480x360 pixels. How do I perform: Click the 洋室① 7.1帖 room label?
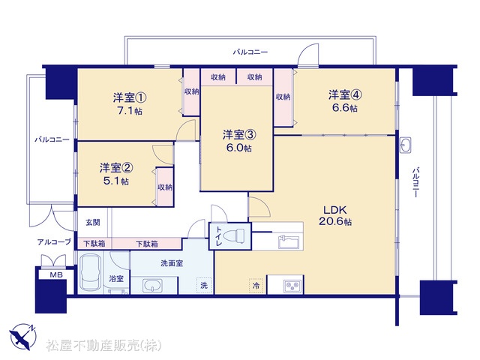point(130,104)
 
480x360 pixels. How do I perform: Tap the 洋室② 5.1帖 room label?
point(116,174)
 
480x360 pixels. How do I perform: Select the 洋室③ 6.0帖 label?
point(239,141)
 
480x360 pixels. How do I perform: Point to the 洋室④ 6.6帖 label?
point(345,101)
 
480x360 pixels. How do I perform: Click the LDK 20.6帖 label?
point(335,215)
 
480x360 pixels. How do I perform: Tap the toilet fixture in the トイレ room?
point(234,235)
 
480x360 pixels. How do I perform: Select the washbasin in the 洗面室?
point(153,286)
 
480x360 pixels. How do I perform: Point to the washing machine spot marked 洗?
point(204,285)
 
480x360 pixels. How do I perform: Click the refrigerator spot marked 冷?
point(256,286)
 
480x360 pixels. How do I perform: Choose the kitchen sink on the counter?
point(289,241)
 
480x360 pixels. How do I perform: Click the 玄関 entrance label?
point(92,222)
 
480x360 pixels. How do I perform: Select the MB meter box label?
point(56,275)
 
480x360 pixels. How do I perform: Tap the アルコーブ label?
point(54,241)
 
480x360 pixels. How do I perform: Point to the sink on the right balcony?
point(406,145)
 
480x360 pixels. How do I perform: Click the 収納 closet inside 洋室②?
point(165,187)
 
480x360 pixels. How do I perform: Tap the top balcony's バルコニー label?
point(250,52)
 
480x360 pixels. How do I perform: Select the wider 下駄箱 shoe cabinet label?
point(147,244)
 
